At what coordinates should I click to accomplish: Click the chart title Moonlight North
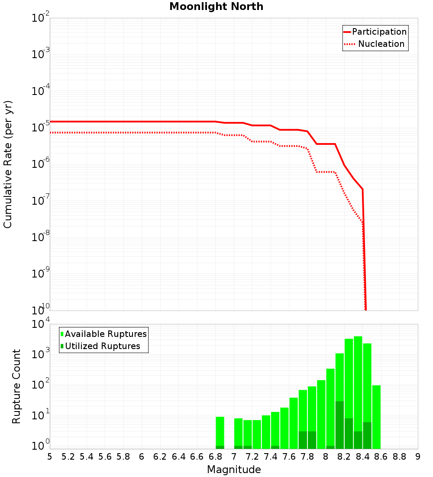(216, 7)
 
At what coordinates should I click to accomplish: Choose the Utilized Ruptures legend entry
(102, 346)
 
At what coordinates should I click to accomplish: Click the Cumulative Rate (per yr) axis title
(8, 164)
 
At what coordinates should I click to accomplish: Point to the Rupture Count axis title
(16, 386)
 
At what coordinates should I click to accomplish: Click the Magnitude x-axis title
(234, 470)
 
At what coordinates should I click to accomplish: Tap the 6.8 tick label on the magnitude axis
(215, 457)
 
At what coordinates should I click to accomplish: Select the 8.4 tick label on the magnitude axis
(362, 457)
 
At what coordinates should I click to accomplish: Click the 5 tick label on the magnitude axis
(50, 457)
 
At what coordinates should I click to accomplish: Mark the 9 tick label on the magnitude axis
(417, 457)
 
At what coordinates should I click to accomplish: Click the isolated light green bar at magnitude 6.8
(220, 431)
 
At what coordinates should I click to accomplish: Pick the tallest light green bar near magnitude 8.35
(358, 390)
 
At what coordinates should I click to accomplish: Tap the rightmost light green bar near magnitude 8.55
(376, 416)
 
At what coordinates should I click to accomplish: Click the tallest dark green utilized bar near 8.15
(339, 425)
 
